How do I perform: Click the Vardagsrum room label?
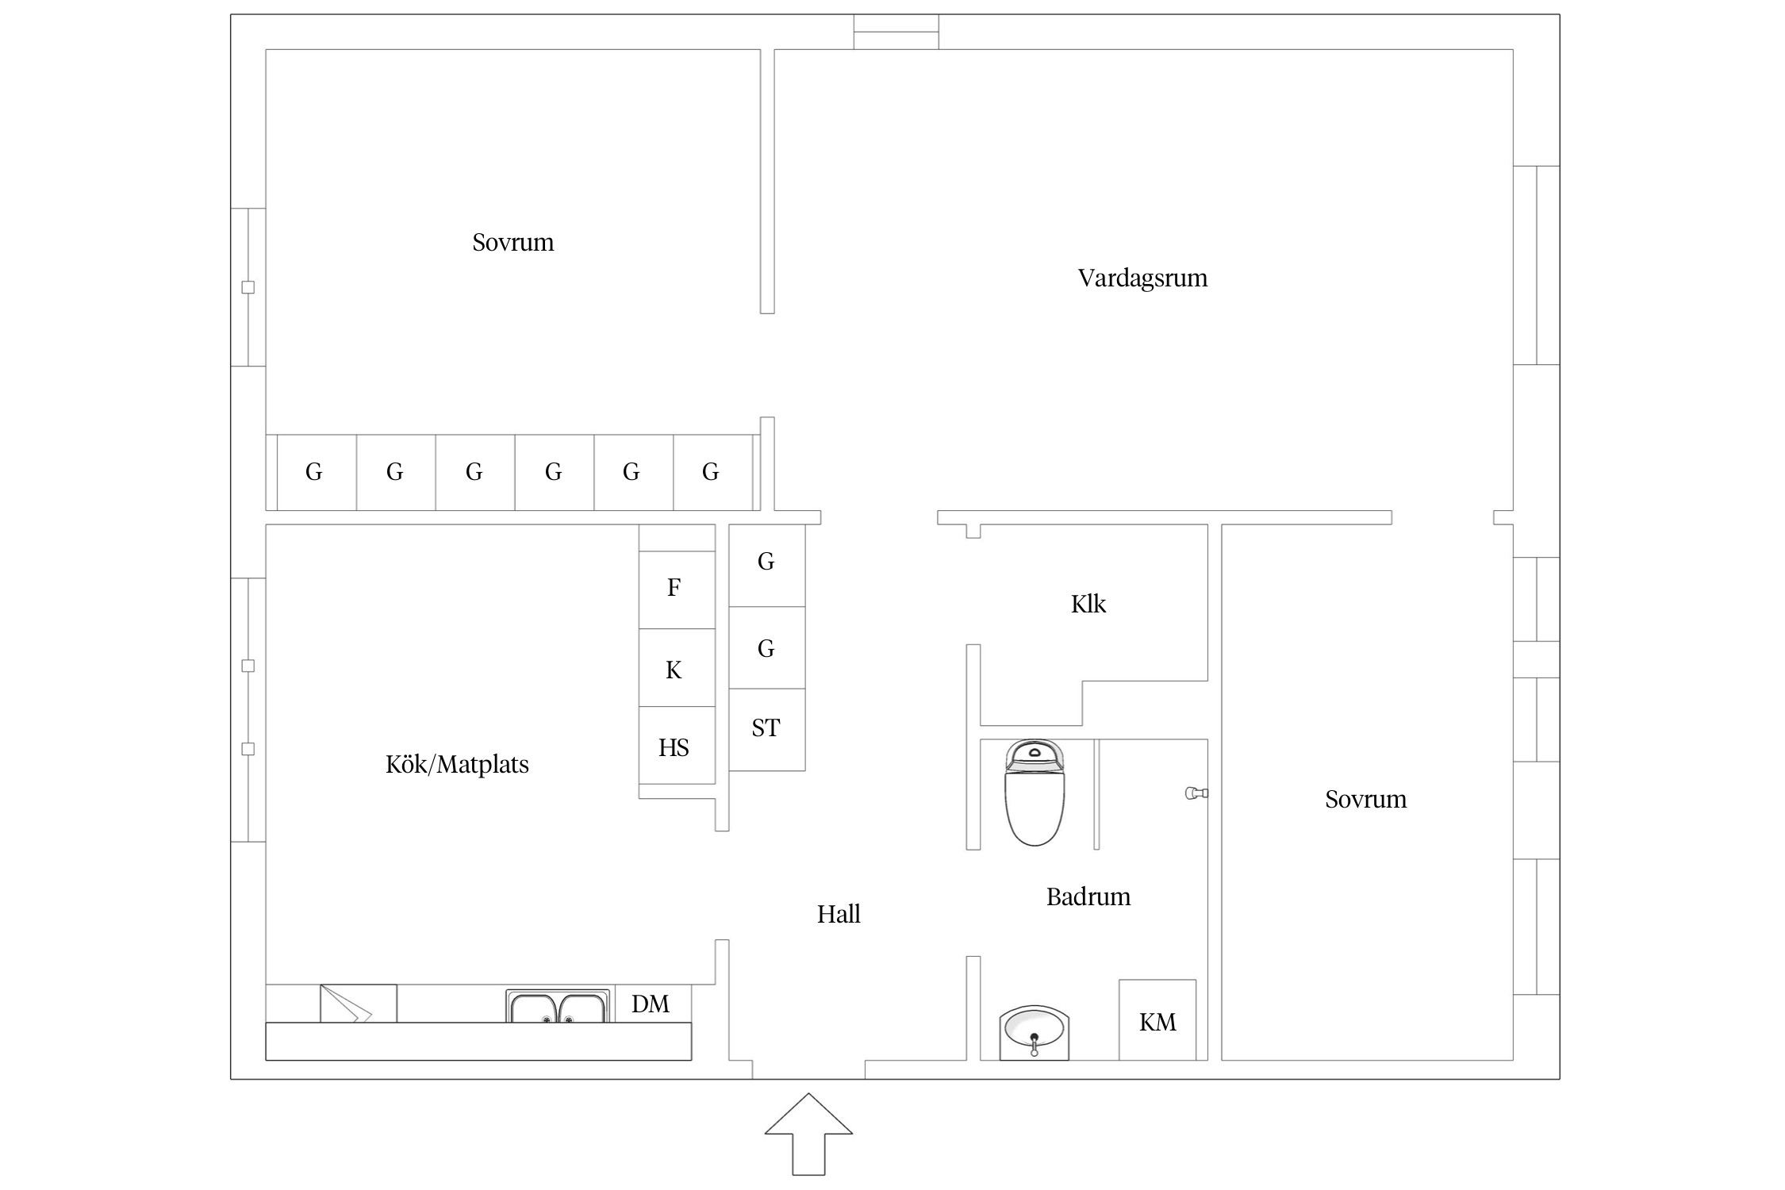1142,278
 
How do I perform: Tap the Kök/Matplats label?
457,764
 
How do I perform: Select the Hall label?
839,914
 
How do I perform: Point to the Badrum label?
1088,896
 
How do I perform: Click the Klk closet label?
1088,604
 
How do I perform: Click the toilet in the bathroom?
1035,793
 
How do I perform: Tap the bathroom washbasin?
1034,1033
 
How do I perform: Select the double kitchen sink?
558,1006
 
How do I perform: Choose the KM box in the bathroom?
1157,1020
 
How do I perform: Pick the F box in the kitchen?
677,589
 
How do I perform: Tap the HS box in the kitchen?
677,746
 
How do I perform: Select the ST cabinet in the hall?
767,729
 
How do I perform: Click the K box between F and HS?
677,668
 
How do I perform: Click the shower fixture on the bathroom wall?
1196,793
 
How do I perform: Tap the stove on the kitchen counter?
359,1004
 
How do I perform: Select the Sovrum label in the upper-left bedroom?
513,242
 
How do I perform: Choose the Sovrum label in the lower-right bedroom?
1366,799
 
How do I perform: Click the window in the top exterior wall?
896,32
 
